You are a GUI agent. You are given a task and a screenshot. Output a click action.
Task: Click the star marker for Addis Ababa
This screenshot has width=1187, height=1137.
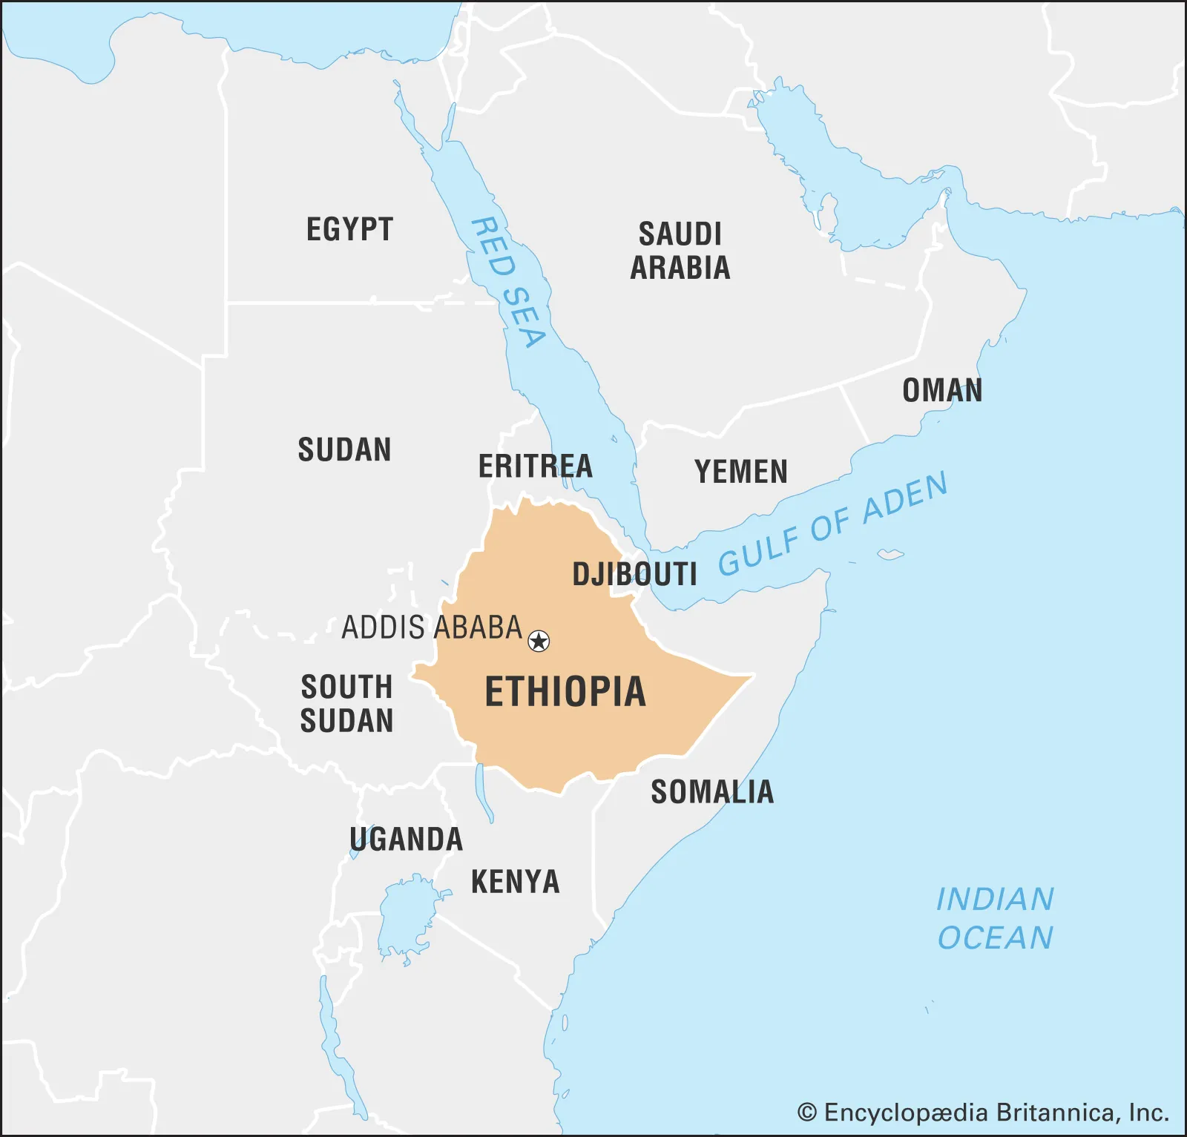coord(539,641)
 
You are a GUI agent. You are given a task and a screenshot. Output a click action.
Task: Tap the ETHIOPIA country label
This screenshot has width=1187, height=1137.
coord(565,692)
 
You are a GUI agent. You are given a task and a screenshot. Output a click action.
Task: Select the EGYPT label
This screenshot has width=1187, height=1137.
coord(349,229)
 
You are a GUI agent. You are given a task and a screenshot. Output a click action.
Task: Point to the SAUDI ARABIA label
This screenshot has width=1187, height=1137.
coord(680,251)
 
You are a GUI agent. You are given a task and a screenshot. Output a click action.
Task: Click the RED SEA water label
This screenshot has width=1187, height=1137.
coord(510,283)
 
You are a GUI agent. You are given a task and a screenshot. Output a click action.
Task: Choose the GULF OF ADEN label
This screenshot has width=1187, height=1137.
coord(832,524)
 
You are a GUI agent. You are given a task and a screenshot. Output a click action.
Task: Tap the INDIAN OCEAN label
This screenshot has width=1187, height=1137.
coord(995,918)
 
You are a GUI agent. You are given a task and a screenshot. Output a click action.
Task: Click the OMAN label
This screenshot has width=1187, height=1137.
coord(942,390)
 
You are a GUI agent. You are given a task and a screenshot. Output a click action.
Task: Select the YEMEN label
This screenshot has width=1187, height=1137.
coord(740,472)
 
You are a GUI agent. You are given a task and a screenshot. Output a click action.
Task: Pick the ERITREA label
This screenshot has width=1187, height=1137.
coord(535,467)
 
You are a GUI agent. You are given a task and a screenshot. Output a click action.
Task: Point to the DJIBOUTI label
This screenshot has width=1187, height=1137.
coord(634,574)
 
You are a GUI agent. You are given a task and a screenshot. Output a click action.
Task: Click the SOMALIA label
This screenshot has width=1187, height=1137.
coord(712,792)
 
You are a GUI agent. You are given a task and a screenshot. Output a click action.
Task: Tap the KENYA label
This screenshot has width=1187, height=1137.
coord(516,882)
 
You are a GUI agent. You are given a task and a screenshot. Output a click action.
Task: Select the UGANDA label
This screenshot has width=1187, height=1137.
coord(407,840)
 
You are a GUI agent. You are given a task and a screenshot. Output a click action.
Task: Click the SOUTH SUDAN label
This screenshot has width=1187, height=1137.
coord(346,704)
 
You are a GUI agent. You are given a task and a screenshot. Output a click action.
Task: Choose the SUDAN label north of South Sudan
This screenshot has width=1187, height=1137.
coord(344,449)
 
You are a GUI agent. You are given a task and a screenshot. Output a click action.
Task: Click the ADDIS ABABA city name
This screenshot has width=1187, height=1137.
coord(432,627)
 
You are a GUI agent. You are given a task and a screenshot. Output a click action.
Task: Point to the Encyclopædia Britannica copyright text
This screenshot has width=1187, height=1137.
coord(983,1113)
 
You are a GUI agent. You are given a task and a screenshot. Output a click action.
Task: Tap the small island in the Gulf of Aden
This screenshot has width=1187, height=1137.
coord(890,554)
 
